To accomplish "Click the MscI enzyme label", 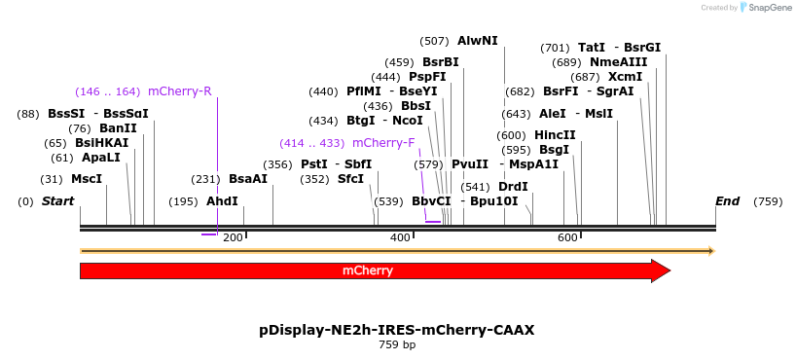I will [x=87, y=179].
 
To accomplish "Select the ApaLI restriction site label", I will [x=100, y=158].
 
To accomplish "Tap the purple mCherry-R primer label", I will [x=180, y=91].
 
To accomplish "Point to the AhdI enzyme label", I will [x=222, y=201].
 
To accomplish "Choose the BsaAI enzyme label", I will [x=247, y=179].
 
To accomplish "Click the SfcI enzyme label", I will [x=350, y=179].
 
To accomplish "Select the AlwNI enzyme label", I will [x=477, y=41].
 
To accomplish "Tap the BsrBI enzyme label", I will [x=440, y=62].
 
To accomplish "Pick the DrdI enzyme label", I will [x=513, y=187].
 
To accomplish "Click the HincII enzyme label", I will [x=555, y=135].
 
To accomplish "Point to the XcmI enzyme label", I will [x=625, y=77].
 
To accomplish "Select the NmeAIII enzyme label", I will [x=611, y=62].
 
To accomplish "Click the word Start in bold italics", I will [x=57, y=201].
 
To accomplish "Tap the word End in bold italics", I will [x=727, y=201].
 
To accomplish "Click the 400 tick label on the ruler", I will [x=400, y=237].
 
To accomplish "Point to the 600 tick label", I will [x=567, y=237].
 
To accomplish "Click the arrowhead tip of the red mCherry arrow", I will [x=669, y=270].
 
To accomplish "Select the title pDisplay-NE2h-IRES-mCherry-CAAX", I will [x=397, y=330].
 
